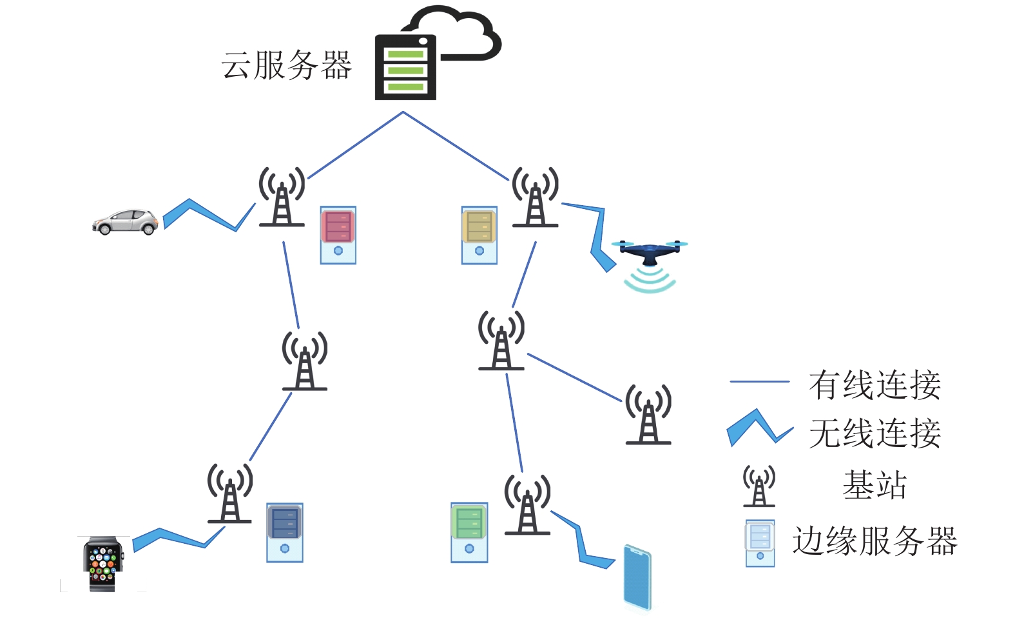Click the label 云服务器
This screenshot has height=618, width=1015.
click(287, 66)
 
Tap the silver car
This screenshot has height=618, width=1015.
click(126, 222)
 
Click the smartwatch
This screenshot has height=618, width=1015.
click(103, 563)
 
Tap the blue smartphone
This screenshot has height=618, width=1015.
click(637, 577)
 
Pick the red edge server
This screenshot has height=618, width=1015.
click(338, 235)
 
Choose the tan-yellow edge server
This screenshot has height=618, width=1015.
click(479, 235)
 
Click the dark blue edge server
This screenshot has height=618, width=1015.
click(285, 532)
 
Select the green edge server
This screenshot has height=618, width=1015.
click(469, 532)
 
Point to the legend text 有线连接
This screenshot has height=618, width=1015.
click(875, 385)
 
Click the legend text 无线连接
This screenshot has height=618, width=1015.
click(875, 433)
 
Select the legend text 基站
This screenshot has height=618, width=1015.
click(875, 485)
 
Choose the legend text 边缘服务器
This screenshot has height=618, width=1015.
click(875, 541)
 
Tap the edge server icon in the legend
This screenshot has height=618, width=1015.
click(760, 543)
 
